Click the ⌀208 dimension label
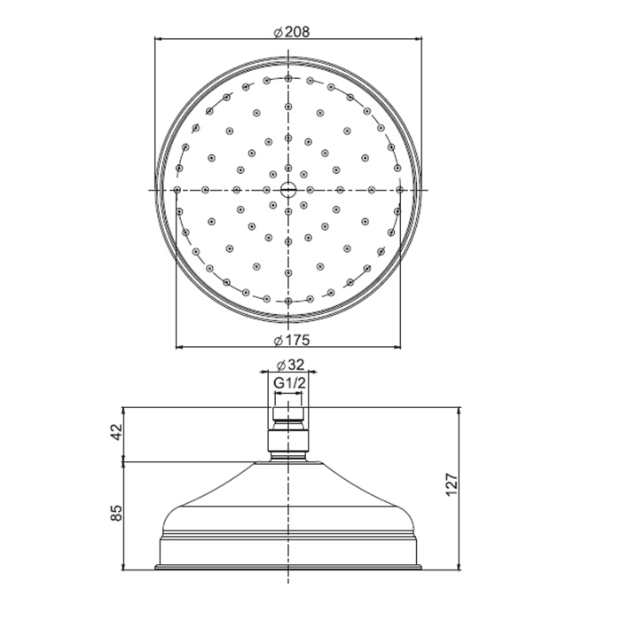[292, 32]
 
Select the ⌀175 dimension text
[292, 340]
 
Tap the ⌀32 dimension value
[291, 365]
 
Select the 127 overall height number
[452, 484]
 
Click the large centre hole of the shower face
[288, 190]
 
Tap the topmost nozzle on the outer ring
[288, 78]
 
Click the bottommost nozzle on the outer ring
[288, 301]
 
